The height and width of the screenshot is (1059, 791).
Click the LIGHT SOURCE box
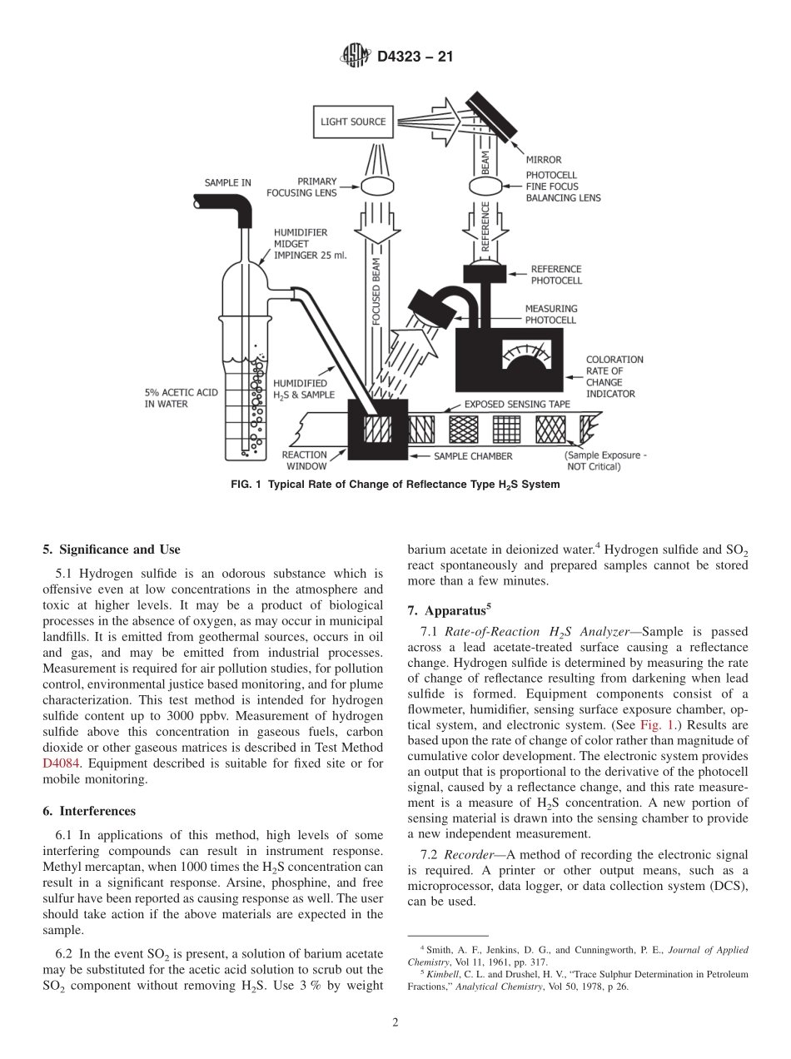353,122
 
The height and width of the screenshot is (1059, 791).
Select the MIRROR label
543,160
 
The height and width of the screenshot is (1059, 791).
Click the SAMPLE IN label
228,182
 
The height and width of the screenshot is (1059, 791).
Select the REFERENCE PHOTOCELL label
556,275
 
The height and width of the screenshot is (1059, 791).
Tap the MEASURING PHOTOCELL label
550,314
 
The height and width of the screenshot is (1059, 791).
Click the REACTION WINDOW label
304,460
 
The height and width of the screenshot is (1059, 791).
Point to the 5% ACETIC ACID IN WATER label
178,398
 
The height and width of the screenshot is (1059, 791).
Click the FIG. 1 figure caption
395,485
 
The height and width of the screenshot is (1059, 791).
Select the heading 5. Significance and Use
111,549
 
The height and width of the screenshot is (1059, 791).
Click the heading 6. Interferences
89,811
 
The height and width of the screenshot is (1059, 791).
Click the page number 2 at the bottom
395,1023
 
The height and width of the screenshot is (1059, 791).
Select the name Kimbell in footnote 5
444,974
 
